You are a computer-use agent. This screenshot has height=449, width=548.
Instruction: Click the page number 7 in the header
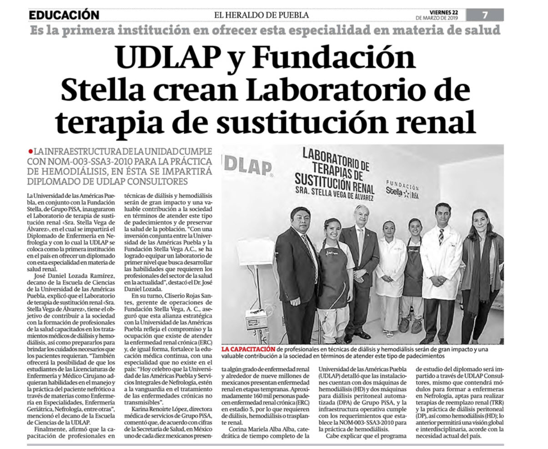tap(485, 15)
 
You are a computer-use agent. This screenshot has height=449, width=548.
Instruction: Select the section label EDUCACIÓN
tap(64, 15)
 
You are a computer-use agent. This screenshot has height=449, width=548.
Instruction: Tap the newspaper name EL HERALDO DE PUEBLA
tap(261, 15)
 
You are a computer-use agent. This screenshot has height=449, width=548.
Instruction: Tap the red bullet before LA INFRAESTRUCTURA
tap(30, 151)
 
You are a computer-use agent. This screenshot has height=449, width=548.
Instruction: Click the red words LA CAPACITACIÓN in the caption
tap(248, 349)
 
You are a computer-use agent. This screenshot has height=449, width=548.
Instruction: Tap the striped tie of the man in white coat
tap(441, 237)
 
